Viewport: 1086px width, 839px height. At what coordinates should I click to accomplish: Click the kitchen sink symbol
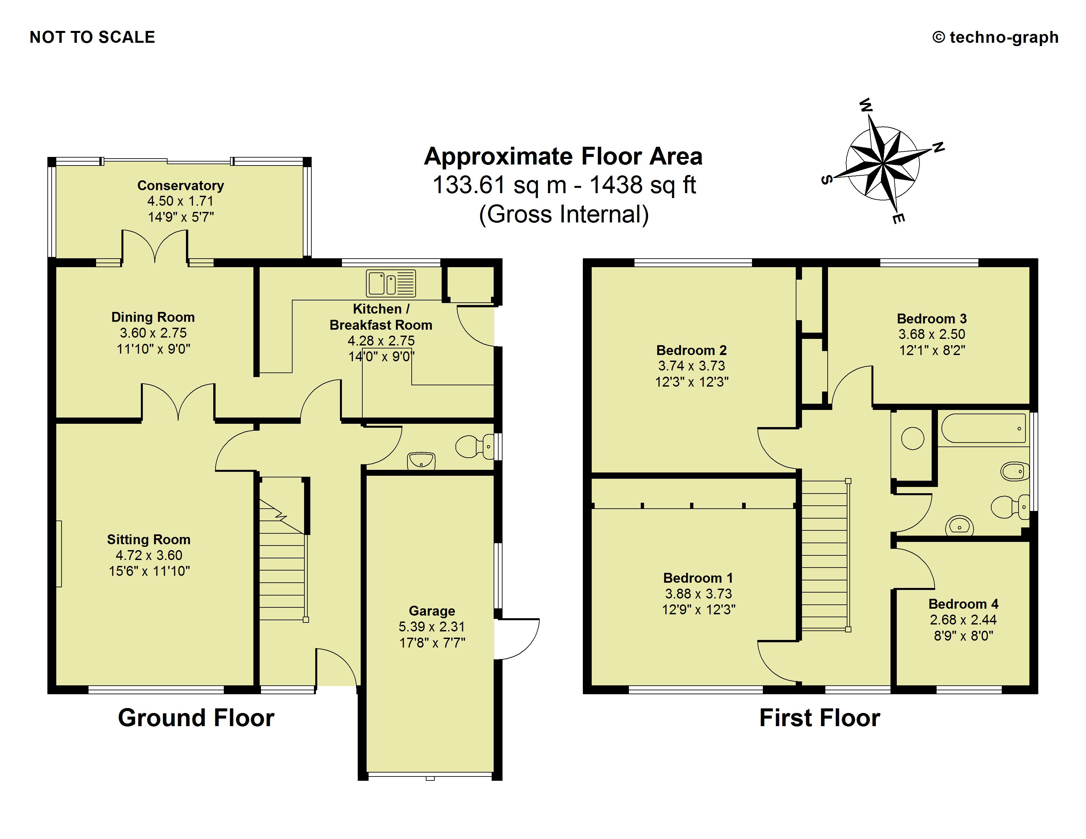[391, 283]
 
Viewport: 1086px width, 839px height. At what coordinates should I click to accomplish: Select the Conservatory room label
[180, 185]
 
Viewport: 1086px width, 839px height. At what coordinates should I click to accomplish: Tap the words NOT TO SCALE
[92, 37]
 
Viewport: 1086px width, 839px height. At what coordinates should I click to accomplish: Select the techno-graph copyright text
[995, 37]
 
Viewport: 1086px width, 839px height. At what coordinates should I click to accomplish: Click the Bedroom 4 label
[963, 604]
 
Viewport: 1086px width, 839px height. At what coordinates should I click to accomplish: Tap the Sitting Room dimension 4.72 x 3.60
[149, 555]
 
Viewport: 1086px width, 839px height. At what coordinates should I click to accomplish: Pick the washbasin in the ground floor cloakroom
[421, 460]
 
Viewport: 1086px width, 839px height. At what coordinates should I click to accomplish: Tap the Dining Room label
[153, 317]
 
